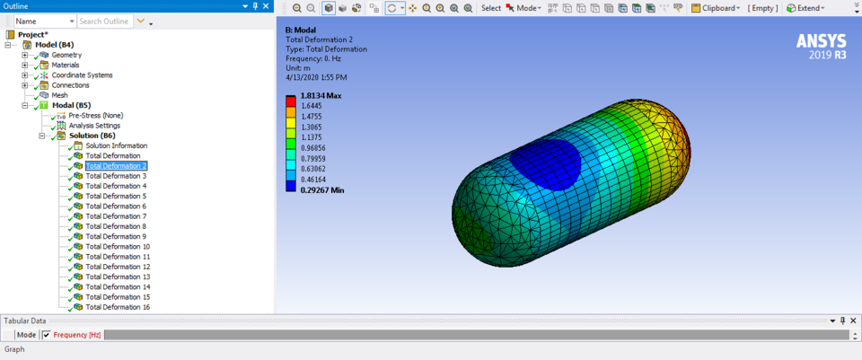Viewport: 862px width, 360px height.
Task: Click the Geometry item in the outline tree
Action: coord(66,55)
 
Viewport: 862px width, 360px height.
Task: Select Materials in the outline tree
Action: coord(66,65)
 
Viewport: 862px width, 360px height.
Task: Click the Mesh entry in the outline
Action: coord(59,95)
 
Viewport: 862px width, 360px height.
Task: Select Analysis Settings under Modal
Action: coord(93,125)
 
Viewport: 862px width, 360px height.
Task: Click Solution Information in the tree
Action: coord(116,145)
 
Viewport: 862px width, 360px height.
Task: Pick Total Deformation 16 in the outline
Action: coord(118,307)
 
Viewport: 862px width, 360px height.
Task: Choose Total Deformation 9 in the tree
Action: coord(115,236)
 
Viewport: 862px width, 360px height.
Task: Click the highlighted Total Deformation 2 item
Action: coord(115,166)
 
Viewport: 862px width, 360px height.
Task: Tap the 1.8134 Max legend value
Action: coord(321,95)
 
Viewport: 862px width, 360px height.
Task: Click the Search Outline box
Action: coord(104,21)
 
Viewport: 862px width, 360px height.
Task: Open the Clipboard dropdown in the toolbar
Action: coord(715,8)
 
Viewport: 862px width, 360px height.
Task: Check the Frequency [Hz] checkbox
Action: coord(47,335)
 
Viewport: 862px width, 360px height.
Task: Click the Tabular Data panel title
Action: coord(25,320)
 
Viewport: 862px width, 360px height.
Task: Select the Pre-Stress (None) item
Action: coord(95,115)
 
